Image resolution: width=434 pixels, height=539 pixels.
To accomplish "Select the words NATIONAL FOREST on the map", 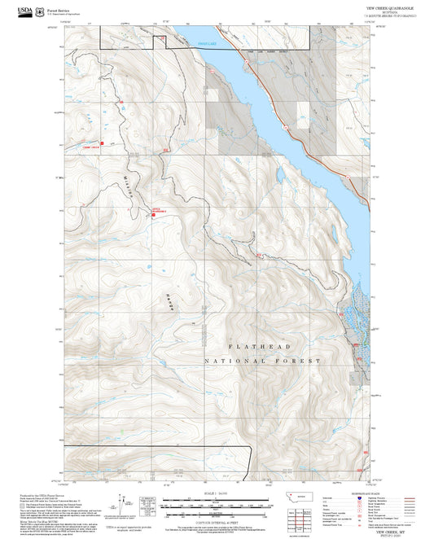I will (262, 360).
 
